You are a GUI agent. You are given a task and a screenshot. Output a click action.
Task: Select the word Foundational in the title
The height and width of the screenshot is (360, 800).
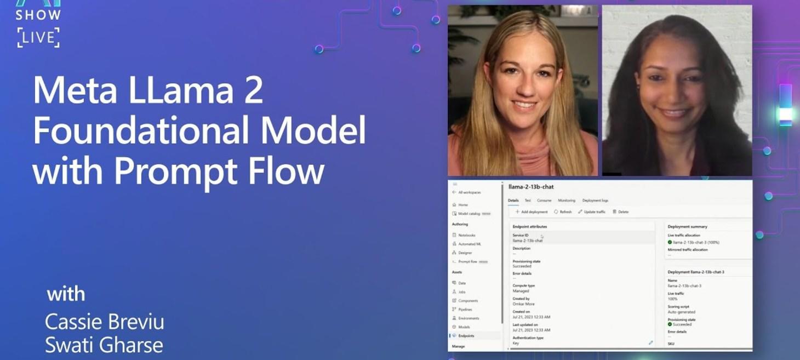(x=140, y=131)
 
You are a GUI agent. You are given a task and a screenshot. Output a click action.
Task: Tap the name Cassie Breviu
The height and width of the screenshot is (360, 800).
(x=104, y=322)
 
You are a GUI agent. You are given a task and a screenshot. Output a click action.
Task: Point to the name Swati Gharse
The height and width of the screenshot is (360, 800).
(x=104, y=345)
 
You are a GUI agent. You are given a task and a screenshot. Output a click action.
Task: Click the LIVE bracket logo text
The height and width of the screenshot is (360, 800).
(x=38, y=37)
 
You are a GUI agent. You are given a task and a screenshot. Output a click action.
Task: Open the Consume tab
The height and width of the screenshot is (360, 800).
(x=544, y=201)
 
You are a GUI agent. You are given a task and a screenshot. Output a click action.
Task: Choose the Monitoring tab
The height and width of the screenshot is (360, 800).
(x=567, y=201)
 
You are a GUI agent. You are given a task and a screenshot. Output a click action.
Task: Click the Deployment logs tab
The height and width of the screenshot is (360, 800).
(x=595, y=201)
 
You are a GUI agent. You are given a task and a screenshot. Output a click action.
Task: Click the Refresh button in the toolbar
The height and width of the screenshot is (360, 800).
(x=563, y=212)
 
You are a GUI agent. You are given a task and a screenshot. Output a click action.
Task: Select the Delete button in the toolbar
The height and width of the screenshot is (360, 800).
(x=621, y=212)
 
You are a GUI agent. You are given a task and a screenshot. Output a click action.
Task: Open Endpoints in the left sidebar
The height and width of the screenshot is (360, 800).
(x=466, y=335)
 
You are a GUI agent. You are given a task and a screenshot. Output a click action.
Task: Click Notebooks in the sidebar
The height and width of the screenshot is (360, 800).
(x=467, y=235)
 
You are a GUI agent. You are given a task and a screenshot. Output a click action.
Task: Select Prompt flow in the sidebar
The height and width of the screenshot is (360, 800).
(x=467, y=261)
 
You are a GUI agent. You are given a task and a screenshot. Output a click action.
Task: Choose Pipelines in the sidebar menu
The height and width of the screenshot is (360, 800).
(x=465, y=310)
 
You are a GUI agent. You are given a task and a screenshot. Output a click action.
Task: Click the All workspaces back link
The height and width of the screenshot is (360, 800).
(x=469, y=192)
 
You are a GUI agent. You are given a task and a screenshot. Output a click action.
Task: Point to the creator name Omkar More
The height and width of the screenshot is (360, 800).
(x=523, y=304)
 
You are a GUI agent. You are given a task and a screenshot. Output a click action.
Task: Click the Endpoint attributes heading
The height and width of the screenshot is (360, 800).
(x=529, y=226)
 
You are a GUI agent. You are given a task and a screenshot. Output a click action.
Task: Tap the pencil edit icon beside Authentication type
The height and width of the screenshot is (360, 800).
(x=651, y=342)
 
